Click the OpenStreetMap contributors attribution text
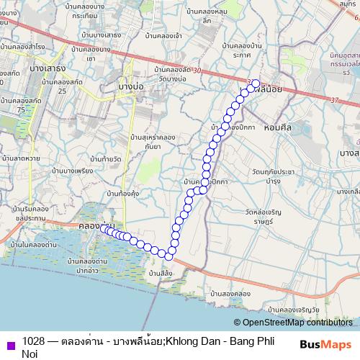coord(296,323)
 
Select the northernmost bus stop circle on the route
coord(255,83)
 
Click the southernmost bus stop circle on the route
coord(168,256)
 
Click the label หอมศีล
coord(276,127)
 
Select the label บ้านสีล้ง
coord(160,274)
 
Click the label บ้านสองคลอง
coord(230,294)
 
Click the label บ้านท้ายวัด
coord(99,158)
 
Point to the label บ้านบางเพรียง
coord(73,171)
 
